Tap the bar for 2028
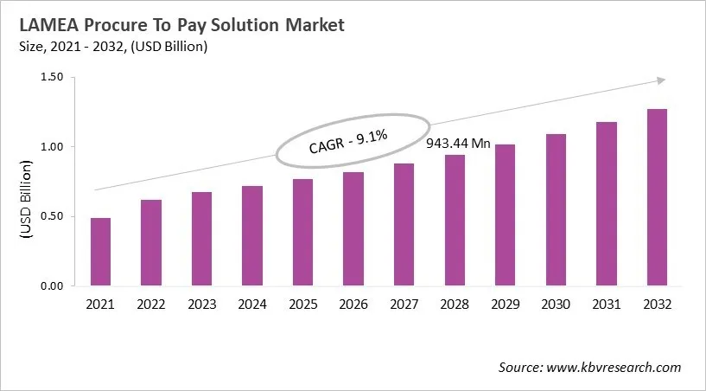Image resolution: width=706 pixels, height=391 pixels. [x=454, y=221]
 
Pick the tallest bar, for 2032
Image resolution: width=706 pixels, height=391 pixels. [x=656, y=197]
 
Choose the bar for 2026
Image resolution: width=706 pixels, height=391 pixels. [x=353, y=228]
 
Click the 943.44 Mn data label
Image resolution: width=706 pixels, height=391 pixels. [x=458, y=143]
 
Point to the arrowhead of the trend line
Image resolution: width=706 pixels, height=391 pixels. [x=660, y=80]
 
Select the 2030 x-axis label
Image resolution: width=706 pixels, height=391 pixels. [x=555, y=304]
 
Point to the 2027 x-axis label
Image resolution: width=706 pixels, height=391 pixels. [x=404, y=304]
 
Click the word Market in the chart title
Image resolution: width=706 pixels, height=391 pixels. [x=309, y=25]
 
